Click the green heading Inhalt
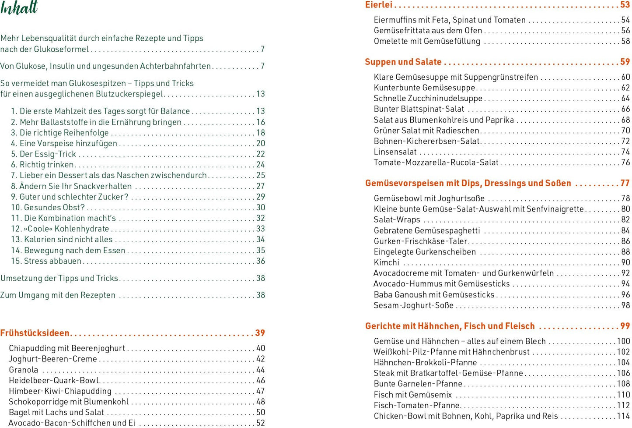(x=19, y=8)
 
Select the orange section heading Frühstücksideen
(x=35, y=333)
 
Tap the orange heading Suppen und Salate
(x=403, y=62)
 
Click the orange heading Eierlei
(x=379, y=5)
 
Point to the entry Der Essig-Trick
(x=43, y=154)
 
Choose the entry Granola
(x=24, y=370)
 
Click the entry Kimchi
(x=386, y=262)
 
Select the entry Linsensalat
(x=395, y=152)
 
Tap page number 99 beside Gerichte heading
(x=625, y=326)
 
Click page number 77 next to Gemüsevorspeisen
(x=625, y=183)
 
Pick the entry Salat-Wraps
(x=397, y=219)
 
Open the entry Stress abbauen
(x=46, y=261)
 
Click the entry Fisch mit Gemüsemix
(x=412, y=395)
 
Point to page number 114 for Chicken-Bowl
(x=623, y=416)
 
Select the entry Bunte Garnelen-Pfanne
(x=418, y=384)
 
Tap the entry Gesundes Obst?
(x=48, y=208)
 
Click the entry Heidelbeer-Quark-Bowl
(x=54, y=380)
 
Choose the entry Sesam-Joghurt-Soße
(x=413, y=305)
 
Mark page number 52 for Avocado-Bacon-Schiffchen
(x=261, y=423)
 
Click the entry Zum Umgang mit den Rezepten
(x=58, y=295)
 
